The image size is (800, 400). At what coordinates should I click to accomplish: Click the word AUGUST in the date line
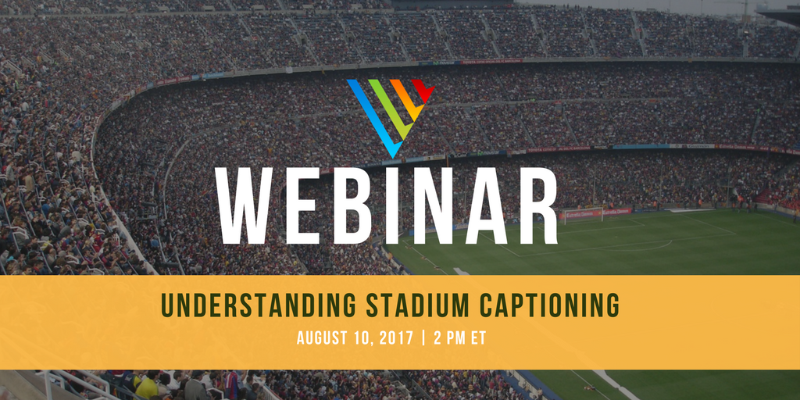(323, 338)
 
